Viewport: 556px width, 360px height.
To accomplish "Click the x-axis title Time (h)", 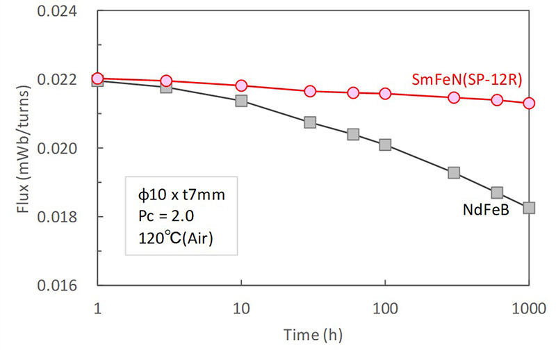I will [313, 334].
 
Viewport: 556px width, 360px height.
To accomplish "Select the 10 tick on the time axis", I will [241, 306].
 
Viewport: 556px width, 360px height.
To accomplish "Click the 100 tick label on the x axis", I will [385, 306].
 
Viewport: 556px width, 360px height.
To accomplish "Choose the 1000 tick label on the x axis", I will [529, 306].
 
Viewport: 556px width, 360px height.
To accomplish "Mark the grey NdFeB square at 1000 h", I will [529, 208].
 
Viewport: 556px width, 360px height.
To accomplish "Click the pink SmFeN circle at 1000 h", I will [529, 103].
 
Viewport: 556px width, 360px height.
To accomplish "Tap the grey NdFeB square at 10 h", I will [241, 101].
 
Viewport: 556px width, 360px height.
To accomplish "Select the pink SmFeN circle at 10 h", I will [241, 85].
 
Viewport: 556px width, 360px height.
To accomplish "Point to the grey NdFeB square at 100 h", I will [385, 145].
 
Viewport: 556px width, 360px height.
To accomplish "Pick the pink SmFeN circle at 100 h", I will [385, 93].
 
